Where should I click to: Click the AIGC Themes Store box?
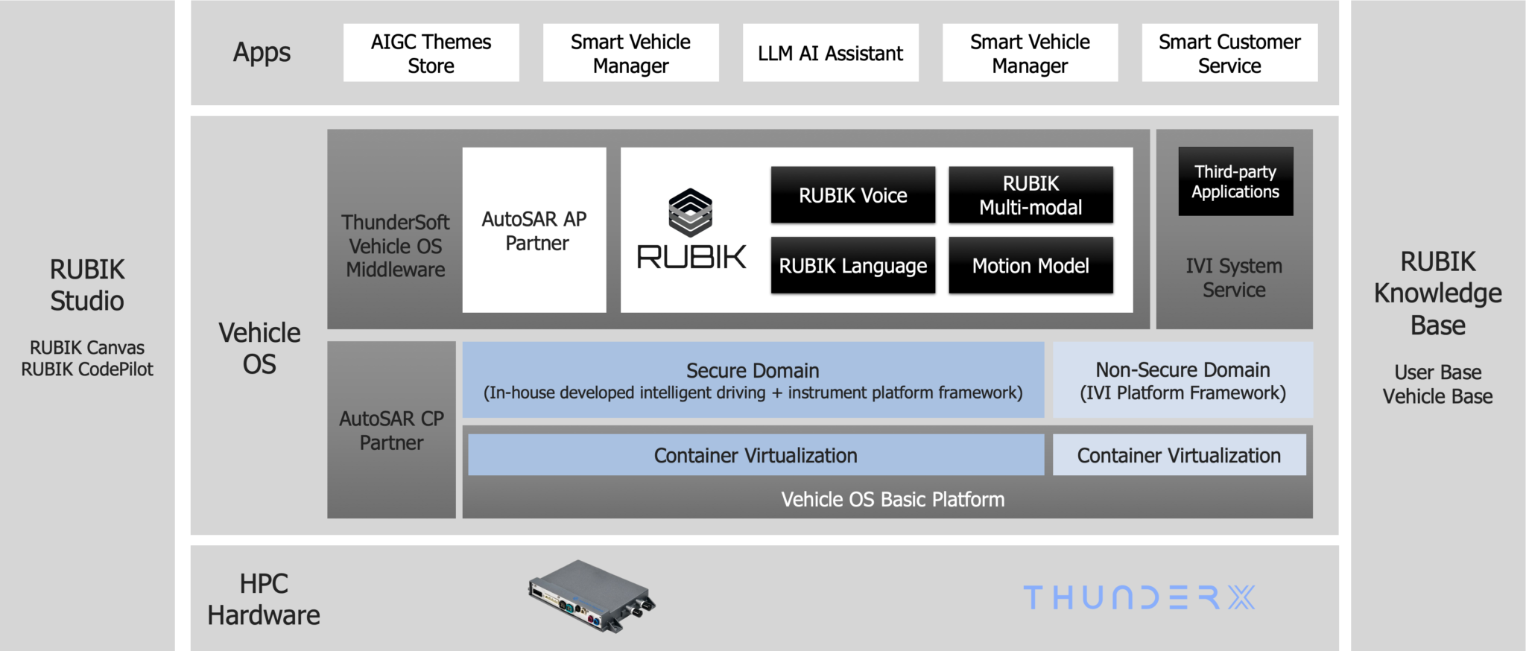431,53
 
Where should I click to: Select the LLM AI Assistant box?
830,53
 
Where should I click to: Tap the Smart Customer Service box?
1229,53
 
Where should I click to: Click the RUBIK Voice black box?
852,195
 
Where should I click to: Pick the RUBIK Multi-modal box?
1030,195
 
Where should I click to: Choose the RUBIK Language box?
852,266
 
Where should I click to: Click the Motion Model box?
1030,266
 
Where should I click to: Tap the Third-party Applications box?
1235,182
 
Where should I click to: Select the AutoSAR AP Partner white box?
534,230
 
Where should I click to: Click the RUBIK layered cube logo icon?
691,212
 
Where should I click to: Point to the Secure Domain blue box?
753,380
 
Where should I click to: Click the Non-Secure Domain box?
1183,380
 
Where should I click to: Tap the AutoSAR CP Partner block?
391,431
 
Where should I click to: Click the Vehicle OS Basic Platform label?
893,499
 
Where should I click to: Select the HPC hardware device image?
592,596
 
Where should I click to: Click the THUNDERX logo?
1139,597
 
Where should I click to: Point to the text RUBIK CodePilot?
87,369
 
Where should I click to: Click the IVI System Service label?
1234,278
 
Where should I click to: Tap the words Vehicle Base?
1437,396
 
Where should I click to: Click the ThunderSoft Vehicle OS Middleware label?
395,246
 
